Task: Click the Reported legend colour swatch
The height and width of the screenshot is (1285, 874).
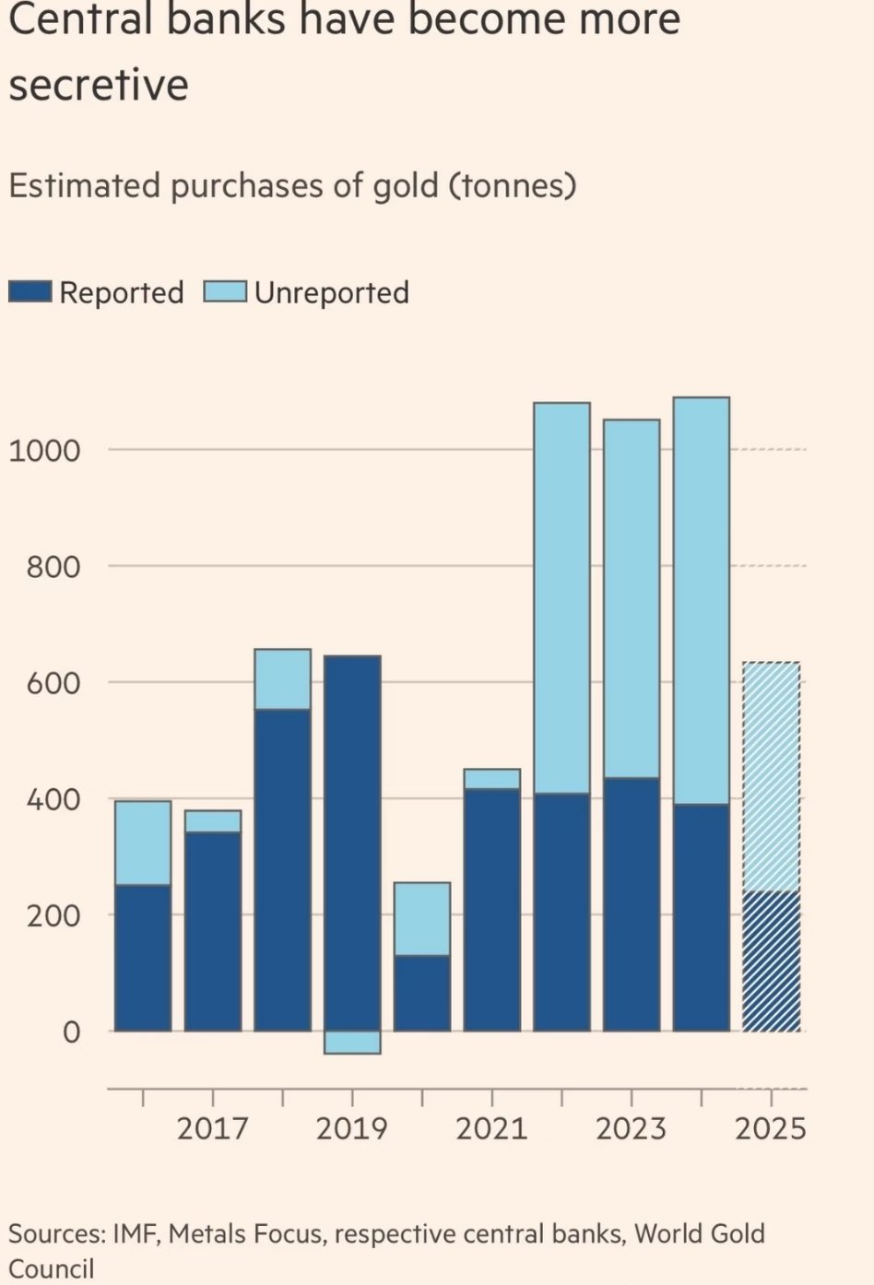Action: pyautogui.click(x=30, y=292)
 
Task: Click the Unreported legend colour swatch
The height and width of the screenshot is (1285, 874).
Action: pyautogui.click(x=224, y=292)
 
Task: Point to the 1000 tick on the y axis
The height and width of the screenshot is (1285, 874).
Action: pyautogui.click(x=44, y=451)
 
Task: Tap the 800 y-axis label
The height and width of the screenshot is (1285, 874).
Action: pyautogui.click(x=53, y=567)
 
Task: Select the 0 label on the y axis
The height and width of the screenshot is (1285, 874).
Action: pyautogui.click(x=71, y=1032)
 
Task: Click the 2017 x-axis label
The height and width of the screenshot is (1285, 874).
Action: pyautogui.click(x=212, y=1128)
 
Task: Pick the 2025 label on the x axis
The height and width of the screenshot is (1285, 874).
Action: pyautogui.click(x=771, y=1128)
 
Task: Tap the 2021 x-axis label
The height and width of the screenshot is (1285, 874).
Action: pyautogui.click(x=491, y=1128)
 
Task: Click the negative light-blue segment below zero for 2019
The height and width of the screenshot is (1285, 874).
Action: pyautogui.click(x=352, y=1042)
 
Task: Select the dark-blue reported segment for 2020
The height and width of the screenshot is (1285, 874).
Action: pyautogui.click(x=422, y=993)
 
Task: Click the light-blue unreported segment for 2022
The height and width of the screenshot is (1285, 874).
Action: pyautogui.click(x=561, y=597)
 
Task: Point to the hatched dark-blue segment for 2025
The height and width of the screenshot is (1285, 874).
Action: pyautogui.click(x=771, y=961)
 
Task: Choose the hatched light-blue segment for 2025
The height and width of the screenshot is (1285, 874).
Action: pyautogui.click(x=771, y=776)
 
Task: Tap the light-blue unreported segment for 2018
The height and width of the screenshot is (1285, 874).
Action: pyautogui.click(x=282, y=679)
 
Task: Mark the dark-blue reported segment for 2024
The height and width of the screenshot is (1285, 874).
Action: pyautogui.click(x=701, y=917)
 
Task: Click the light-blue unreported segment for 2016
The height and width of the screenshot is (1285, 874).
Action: pyautogui.click(x=143, y=843)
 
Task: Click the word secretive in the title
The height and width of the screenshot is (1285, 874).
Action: pyautogui.click(x=99, y=85)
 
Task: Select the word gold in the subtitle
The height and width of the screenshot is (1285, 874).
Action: pyautogui.click(x=406, y=187)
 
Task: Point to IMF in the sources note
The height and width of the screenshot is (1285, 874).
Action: pyautogui.click(x=136, y=1233)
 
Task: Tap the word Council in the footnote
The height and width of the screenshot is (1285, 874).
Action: pyautogui.click(x=52, y=1268)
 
